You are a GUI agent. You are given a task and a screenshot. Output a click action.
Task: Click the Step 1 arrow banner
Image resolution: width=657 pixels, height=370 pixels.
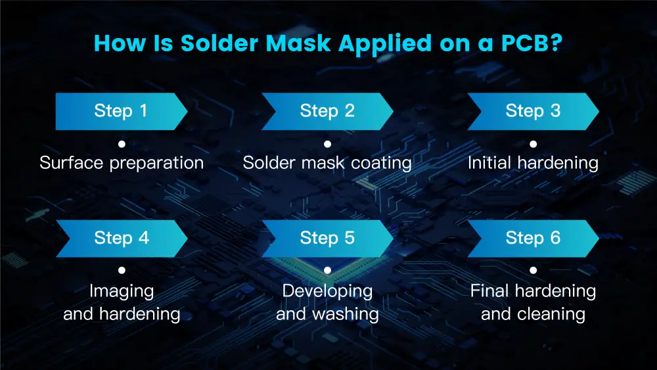pos(122,112)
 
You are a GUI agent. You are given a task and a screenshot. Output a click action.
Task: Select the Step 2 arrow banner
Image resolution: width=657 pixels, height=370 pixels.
pos(327,112)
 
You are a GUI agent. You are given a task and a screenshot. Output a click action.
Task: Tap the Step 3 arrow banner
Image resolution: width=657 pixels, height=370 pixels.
pos(533,112)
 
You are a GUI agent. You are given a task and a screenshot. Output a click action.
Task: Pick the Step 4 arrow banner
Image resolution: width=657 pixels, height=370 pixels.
pos(122,239)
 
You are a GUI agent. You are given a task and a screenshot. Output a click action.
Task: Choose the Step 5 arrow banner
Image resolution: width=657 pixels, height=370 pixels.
pos(327,239)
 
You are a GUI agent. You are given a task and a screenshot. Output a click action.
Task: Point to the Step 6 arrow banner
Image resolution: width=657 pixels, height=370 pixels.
pos(533,239)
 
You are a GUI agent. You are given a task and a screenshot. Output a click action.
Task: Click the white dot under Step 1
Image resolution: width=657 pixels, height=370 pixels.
pos(122,144)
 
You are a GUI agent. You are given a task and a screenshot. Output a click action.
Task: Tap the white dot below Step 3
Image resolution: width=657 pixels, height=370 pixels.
pos(533,144)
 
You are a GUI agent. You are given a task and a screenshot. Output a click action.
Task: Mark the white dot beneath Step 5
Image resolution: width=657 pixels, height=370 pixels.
pos(328,270)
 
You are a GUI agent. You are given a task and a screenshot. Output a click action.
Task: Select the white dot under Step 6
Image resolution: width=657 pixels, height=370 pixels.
pos(533,270)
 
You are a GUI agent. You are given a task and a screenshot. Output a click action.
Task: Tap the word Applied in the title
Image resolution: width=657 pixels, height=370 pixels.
pos(385,44)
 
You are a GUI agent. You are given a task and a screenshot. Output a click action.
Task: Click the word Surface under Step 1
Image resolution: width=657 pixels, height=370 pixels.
pos(71,162)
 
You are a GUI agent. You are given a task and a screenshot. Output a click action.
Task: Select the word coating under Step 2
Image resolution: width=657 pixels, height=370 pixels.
pos(381,164)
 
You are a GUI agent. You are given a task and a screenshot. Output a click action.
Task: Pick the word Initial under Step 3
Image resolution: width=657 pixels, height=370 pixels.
pos(489,162)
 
